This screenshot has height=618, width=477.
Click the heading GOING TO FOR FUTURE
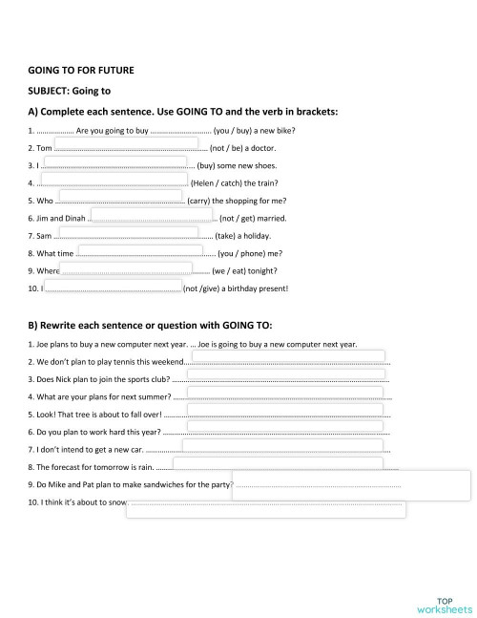pos(81,70)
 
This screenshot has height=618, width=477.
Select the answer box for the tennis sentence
pos(289,358)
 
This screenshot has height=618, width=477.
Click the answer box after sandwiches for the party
pos(350,484)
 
